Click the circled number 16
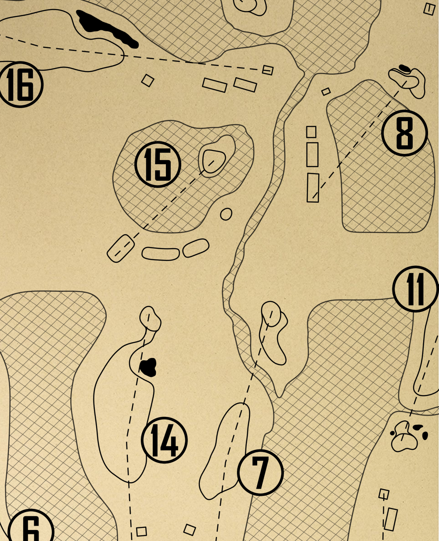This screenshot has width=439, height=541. point(20,84)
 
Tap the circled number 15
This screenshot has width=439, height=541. point(158,165)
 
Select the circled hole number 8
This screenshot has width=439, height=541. point(405,133)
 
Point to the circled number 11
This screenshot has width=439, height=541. point(416,289)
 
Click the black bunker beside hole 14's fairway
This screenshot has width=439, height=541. point(148,367)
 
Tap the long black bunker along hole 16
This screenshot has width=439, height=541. point(107,29)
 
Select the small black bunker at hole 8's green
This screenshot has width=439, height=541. point(404,68)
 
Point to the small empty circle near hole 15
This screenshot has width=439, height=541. point(226,214)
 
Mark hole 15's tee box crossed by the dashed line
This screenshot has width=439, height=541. point(121,248)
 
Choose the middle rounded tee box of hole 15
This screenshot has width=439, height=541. point(161,254)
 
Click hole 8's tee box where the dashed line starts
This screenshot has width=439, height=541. point(313,188)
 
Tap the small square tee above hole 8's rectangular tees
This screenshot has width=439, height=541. point(311,132)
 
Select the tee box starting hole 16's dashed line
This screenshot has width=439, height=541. point(268,70)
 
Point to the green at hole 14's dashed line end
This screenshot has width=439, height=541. point(150,318)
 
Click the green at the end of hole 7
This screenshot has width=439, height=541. point(271,314)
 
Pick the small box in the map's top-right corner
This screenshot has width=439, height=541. point(429,9)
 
